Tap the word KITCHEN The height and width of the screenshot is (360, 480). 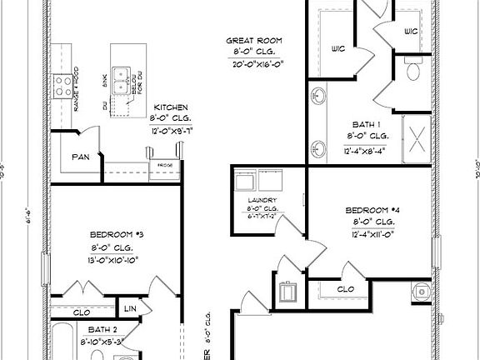click(171, 107)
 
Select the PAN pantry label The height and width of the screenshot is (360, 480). click(81, 156)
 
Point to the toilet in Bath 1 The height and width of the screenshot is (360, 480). click(412, 72)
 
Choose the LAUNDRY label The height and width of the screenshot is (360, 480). click(261, 200)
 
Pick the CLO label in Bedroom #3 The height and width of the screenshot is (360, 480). click(82, 312)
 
